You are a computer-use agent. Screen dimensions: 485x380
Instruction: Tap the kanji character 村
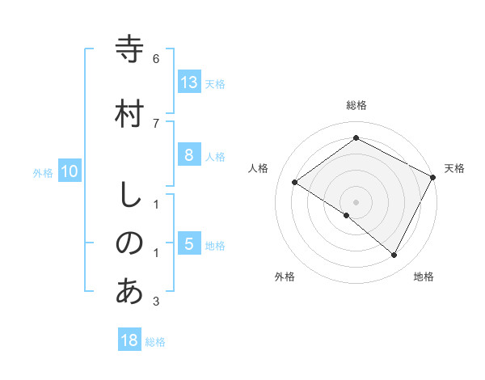tap(129, 113)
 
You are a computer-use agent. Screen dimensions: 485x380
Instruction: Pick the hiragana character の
tap(129, 243)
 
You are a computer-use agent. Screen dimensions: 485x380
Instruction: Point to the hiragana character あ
tap(129, 291)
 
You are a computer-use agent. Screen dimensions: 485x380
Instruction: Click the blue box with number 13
tap(188, 82)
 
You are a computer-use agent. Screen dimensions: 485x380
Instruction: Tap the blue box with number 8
tap(188, 155)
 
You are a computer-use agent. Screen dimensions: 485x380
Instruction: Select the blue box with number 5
tap(188, 244)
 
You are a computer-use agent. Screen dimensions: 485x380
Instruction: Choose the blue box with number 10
tap(69, 171)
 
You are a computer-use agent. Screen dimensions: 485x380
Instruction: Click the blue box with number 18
tap(129, 340)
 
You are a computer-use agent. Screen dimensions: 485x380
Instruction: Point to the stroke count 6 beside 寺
tap(156, 59)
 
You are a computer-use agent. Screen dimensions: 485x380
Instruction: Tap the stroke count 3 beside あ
tap(156, 302)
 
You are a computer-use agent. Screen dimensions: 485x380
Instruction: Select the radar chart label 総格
tap(356, 105)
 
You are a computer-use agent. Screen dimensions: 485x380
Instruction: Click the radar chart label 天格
tap(454, 168)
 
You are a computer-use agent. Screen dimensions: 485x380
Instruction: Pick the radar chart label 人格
tap(259, 168)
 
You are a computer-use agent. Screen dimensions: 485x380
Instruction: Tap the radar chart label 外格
tap(285, 277)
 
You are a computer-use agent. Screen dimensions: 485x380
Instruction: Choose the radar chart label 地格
tap(424, 277)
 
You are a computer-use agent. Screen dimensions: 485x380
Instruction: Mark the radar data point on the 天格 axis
tap(433, 177)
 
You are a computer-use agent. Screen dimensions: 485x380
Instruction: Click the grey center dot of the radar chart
tap(356, 201)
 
